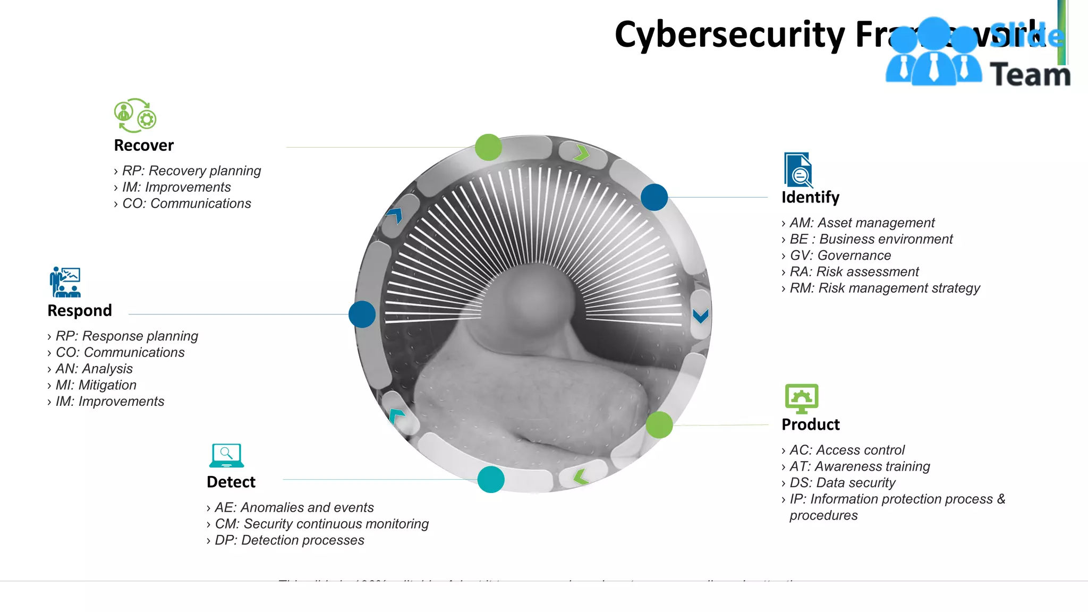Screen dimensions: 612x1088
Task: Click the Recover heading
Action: pos(143,145)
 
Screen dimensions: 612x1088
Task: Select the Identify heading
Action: pos(810,197)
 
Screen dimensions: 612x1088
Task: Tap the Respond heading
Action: pos(80,310)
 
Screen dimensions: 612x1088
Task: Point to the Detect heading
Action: pos(231,482)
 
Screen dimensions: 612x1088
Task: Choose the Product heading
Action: pos(811,424)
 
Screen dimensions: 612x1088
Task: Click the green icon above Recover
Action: pos(135,115)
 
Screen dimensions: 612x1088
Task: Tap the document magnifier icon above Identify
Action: pos(798,170)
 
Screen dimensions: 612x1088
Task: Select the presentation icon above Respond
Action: pos(65,282)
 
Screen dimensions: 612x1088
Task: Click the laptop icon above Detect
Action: pos(226,456)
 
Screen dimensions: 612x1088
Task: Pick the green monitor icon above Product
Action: pos(801,398)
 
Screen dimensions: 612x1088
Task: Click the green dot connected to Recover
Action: pos(488,147)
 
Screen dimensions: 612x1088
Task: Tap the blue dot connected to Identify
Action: pos(654,197)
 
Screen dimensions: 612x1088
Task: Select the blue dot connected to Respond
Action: pos(362,314)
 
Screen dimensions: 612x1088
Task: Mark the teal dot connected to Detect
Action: pos(491,479)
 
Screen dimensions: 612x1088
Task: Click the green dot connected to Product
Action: pos(659,425)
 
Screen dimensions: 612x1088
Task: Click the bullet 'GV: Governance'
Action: pos(840,256)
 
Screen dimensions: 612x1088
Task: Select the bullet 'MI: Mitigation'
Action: pos(96,385)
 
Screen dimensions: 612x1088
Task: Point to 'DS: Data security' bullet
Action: pos(842,483)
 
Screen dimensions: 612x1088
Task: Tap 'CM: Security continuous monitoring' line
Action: pos(321,524)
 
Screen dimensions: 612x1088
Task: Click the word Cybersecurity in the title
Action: pos(729,35)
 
